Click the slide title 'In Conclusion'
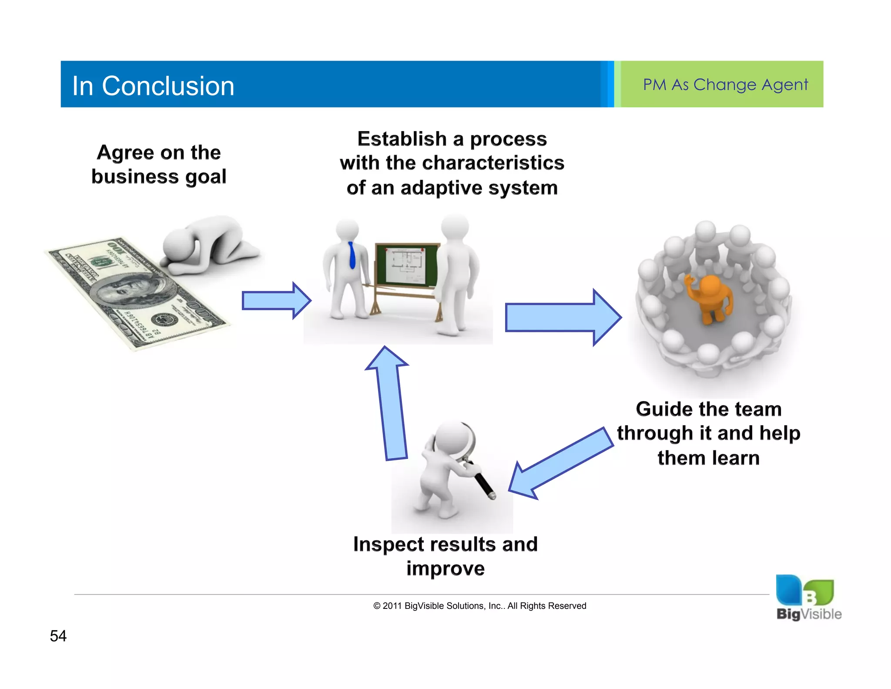click(x=153, y=86)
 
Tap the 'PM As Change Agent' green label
click(x=725, y=84)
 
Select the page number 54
click(x=58, y=636)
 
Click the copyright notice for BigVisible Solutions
click(x=479, y=606)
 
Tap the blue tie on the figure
click(x=352, y=255)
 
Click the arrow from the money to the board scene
click(x=275, y=301)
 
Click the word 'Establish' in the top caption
click(x=402, y=139)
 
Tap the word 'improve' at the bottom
click(x=445, y=569)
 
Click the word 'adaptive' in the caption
click(x=441, y=188)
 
